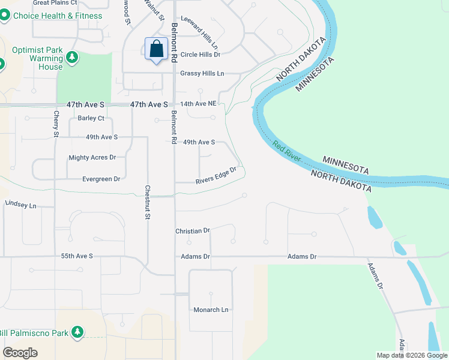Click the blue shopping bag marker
tap(156, 49)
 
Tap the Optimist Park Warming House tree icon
tap(72, 58)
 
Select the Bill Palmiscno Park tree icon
tap(77, 332)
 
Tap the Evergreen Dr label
tap(101, 179)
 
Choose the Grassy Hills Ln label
tap(202, 73)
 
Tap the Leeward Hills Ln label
tap(199, 32)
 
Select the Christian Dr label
tap(192, 230)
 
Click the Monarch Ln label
tap(211, 310)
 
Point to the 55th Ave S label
tap(77, 256)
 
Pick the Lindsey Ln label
tap(20, 205)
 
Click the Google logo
tap(20, 353)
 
